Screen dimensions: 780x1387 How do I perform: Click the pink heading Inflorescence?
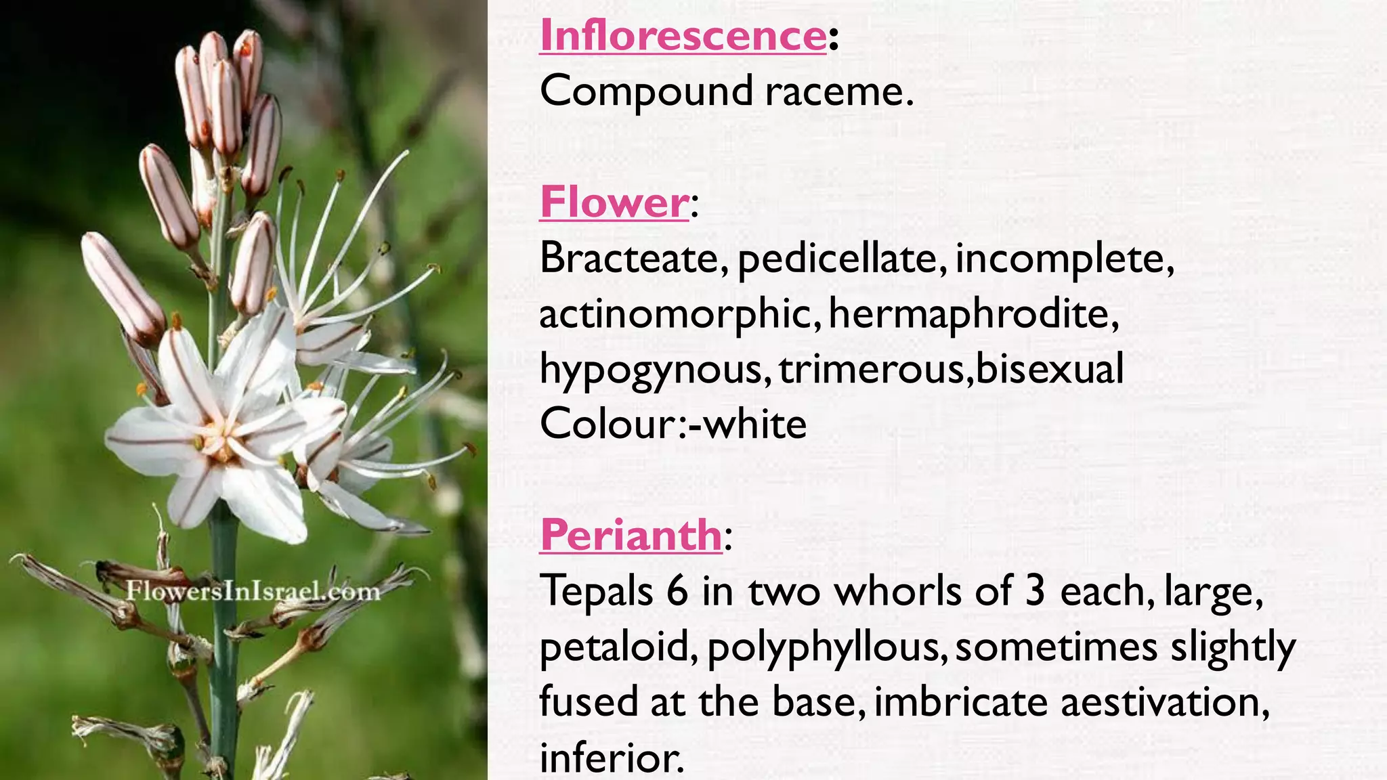pyautogui.click(x=683, y=35)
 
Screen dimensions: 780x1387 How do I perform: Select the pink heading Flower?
pyautogui.click(x=614, y=202)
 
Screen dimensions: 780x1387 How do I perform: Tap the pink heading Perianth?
pyautogui.click(x=631, y=535)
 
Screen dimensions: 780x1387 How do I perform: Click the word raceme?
pyautogui.click(x=838, y=91)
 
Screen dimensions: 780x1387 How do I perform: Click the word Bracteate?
pyautogui.click(x=633, y=258)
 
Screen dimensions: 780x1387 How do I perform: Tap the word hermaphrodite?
pyautogui.click(x=973, y=315)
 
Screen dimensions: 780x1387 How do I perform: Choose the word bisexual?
pyautogui.click(x=1049, y=369)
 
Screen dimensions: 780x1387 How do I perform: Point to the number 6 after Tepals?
pyautogui.click(x=677, y=591)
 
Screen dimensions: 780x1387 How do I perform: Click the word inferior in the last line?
pyautogui.click(x=611, y=758)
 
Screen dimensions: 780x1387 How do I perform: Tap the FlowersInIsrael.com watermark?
pyautogui.click(x=253, y=591)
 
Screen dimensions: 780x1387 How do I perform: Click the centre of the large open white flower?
pyautogui.click(x=220, y=433)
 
